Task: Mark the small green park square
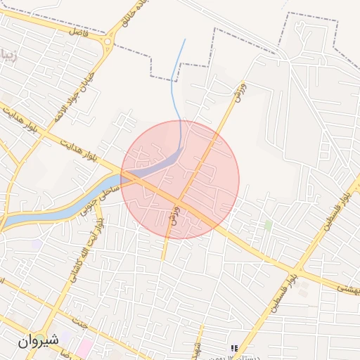[268, 225]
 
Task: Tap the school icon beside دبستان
[234, 348]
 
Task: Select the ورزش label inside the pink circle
[175, 214]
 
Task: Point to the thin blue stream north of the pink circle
[181, 77]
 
